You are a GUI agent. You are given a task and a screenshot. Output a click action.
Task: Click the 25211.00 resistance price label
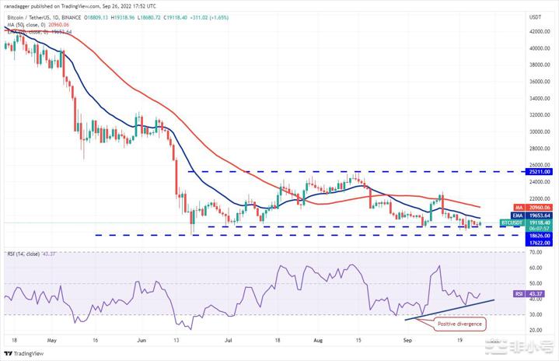point(538,171)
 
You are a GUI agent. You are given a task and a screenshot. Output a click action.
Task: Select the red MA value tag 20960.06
point(538,207)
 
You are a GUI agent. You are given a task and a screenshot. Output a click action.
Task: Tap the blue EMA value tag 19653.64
point(538,216)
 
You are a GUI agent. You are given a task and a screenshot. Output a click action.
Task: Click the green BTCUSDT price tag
point(538,223)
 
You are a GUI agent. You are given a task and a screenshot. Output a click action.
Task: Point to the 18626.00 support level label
point(538,234)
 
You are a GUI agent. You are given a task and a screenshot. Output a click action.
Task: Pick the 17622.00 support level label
point(538,242)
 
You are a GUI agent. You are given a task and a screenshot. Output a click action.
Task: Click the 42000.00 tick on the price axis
point(538,32)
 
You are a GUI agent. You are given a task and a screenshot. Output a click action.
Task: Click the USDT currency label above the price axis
point(536,16)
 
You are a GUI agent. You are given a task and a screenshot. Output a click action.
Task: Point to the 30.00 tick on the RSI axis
point(536,314)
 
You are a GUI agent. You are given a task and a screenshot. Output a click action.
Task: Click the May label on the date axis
point(52,340)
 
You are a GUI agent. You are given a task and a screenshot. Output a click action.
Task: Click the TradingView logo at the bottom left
point(26,353)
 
